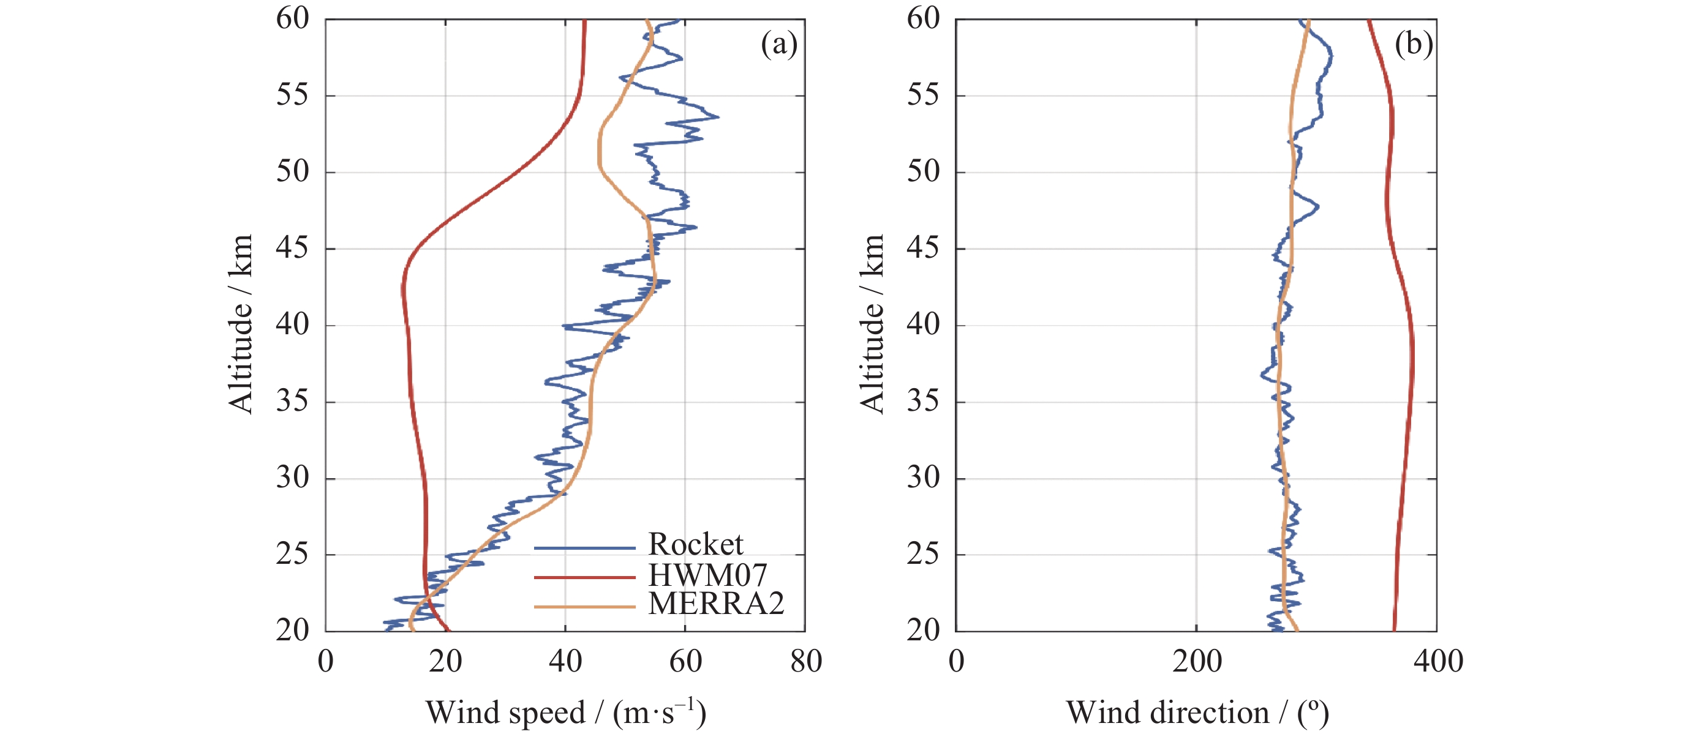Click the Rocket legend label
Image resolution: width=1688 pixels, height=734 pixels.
(695, 544)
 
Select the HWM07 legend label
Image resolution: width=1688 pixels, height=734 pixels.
(707, 575)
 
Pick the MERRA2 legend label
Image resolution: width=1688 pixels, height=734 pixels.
(715, 604)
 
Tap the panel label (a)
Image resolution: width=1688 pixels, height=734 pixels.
(778, 45)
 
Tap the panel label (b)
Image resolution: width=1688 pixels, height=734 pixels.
(1413, 45)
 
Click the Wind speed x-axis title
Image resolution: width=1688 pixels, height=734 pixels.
(565, 713)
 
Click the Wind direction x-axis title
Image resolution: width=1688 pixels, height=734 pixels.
(1197, 713)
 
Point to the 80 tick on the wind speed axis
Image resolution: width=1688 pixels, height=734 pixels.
(805, 661)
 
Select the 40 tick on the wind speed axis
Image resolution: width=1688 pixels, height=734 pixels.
(565, 661)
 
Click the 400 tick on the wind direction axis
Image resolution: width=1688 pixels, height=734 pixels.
(1437, 661)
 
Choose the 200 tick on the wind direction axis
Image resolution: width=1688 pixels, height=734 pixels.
(1197, 661)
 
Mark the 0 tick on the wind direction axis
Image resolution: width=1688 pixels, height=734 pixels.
(956, 661)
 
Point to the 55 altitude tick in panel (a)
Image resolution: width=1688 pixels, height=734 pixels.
(292, 95)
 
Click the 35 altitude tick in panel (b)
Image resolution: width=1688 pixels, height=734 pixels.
(923, 402)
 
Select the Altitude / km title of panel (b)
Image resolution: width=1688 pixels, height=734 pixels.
(872, 324)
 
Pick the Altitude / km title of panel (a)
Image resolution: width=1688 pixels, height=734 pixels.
(241, 324)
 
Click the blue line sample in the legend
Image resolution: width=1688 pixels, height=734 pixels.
(584, 547)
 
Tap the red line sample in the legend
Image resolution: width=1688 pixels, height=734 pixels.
(584, 577)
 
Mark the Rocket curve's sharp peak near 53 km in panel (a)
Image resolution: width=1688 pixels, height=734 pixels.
(718, 117)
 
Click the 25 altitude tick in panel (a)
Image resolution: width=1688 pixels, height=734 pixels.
(292, 555)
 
